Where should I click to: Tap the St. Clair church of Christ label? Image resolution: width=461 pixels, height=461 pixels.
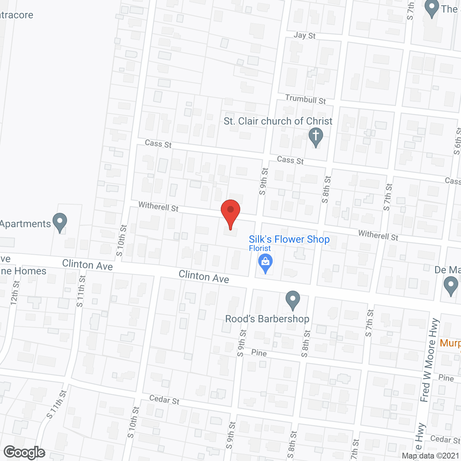[x=278, y=121]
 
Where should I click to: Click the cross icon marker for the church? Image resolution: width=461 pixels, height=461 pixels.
[x=316, y=137]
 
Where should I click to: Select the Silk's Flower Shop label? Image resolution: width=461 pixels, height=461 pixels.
[x=289, y=239]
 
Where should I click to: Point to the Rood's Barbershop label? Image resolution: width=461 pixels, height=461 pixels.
[x=267, y=319]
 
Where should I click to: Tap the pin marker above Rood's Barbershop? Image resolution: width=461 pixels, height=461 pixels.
[x=293, y=300]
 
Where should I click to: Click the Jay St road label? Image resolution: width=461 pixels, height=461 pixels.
[x=304, y=35]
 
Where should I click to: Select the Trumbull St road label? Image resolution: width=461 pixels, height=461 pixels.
[x=305, y=99]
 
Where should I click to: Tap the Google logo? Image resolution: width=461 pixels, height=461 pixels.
[x=24, y=452]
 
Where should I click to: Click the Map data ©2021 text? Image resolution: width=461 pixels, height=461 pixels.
[x=431, y=456]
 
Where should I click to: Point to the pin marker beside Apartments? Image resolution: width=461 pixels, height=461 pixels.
[x=60, y=222]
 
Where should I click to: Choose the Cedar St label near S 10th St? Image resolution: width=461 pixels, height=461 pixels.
[x=164, y=399]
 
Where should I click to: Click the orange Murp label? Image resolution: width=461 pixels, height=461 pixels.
[x=450, y=343]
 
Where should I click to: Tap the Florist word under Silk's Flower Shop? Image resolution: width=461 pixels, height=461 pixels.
[x=260, y=248]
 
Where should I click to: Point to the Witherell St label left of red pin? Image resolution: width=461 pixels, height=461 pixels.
[x=158, y=206]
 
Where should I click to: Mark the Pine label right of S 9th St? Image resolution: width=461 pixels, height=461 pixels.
[x=259, y=353]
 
